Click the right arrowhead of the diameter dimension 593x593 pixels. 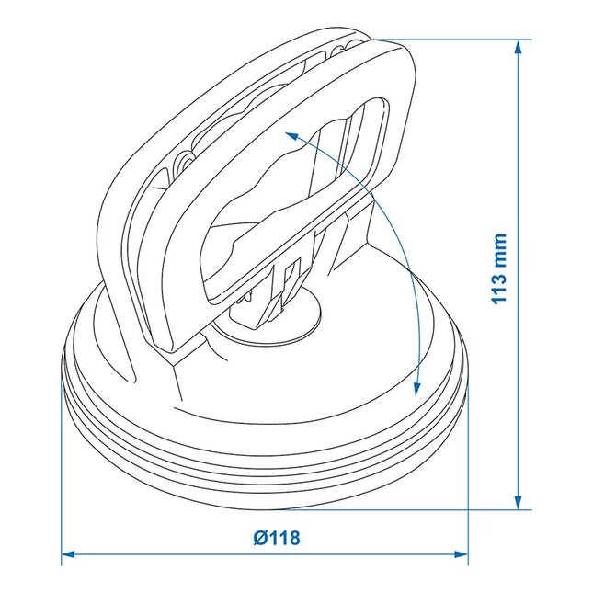click(462, 554)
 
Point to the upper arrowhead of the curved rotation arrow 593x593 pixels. click(291, 135)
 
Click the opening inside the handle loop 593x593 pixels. click(276, 211)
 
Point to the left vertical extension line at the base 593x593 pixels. click(62, 478)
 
